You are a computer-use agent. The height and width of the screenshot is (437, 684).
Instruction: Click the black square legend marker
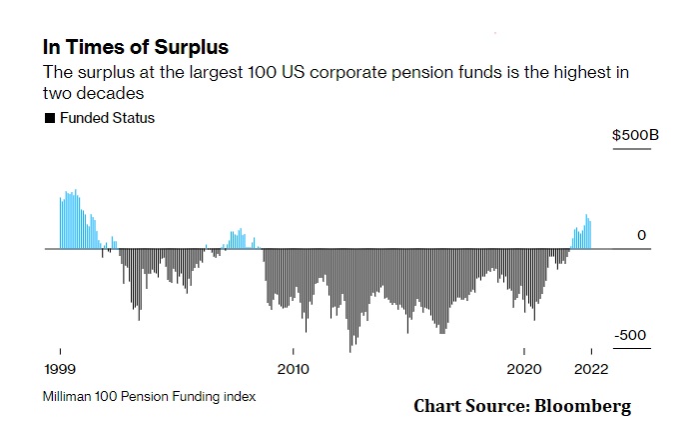tap(50, 118)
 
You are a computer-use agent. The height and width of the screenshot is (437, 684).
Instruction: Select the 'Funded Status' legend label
tap(108, 118)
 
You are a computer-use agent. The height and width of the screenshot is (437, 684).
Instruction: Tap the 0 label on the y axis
tap(642, 235)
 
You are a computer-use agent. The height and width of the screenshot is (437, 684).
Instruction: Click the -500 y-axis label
tap(631, 335)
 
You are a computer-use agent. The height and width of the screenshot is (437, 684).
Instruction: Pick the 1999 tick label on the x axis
tap(60, 367)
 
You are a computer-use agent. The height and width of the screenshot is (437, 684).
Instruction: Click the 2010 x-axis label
tap(293, 367)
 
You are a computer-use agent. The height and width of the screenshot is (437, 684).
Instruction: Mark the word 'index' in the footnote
tap(239, 396)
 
